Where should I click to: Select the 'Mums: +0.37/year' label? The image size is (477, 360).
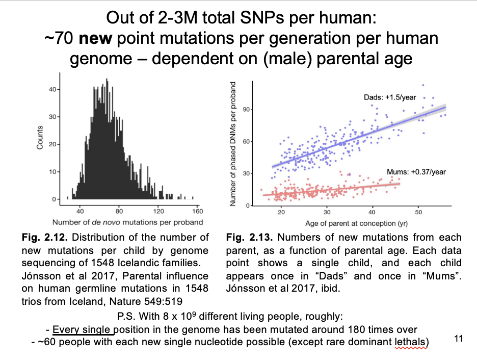coord(416,172)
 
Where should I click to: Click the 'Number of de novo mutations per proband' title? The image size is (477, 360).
coord(127,222)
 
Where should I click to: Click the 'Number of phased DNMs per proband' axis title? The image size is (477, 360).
coord(233,144)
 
